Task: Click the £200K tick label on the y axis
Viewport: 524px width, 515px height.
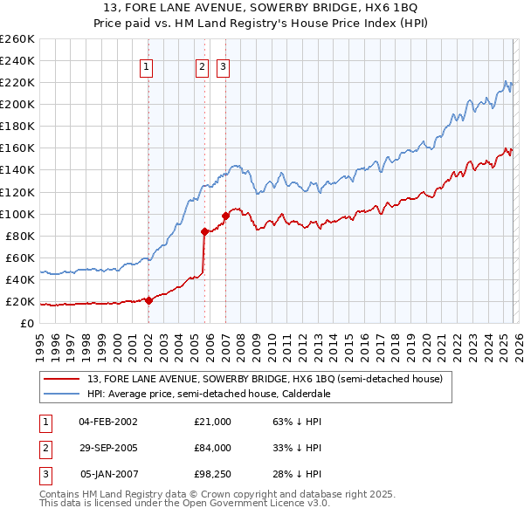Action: [x=17, y=104]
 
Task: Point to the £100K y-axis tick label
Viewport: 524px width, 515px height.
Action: [x=17, y=214]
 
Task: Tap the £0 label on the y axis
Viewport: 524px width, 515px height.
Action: [x=27, y=323]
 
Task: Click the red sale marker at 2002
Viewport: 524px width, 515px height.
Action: [x=148, y=300]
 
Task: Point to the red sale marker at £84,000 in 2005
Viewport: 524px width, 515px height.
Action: [x=205, y=231]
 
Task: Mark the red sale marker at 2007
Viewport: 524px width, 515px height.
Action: [x=225, y=215]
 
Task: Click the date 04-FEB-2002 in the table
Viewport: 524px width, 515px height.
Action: [x=107, y=422]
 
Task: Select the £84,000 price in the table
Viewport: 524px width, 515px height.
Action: [x=212, y=448]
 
